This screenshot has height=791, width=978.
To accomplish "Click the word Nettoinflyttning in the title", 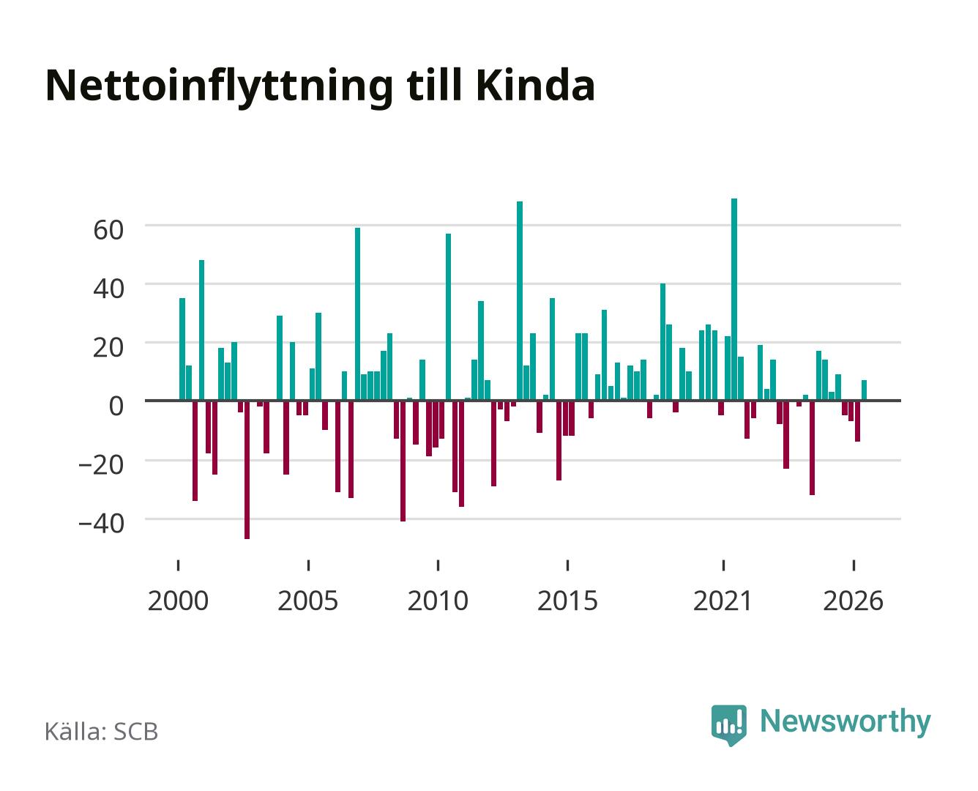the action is pos(219,87).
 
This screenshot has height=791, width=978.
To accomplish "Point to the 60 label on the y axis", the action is pos(108,230).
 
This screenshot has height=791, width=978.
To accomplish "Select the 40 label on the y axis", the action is pos(108,289).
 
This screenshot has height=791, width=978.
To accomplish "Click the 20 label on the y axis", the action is pos(108,348).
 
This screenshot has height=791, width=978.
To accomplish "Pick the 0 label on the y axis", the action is pos(116,406).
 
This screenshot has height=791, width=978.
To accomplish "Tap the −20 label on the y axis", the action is pos(101,465).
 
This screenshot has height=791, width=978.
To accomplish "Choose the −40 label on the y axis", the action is pos(101,524).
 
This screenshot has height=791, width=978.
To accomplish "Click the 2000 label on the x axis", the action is pos(178,601).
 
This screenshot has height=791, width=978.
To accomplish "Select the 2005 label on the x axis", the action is pos(308,601).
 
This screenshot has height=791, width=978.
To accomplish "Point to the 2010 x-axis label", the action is pos(438,601).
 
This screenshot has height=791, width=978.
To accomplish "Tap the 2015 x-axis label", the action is pos(567,601).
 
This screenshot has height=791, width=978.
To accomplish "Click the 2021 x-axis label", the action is pos(723,601).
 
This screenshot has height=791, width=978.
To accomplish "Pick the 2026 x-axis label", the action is pos(853,601).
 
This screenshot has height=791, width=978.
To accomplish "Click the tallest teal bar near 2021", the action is pos(734,300).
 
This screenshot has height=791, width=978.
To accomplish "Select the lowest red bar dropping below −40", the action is pos(247,470).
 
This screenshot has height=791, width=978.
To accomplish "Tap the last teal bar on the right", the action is pos(864,390).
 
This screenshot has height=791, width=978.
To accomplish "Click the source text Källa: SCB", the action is pos(102,732).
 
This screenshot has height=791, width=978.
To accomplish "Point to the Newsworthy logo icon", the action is pos(728,725).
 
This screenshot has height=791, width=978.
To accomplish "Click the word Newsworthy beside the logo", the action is pos(846,722).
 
